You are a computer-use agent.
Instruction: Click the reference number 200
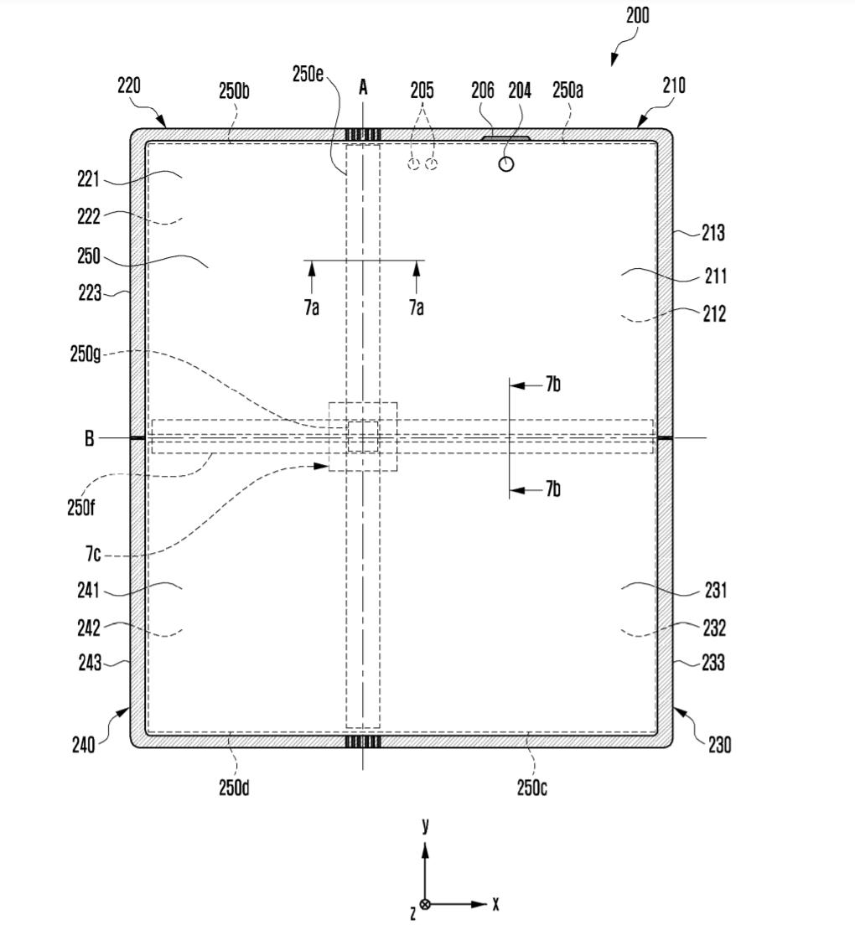point(637,15)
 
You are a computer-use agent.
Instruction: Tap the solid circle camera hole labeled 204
point(506,163)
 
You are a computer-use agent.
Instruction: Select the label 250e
point(308,74)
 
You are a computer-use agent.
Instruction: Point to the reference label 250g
point(85,354)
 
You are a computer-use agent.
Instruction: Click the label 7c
point(93,554)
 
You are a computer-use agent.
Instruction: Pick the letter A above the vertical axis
point(363,86)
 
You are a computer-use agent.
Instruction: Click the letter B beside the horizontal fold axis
point(89,438)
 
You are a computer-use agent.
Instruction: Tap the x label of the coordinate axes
point(496,904)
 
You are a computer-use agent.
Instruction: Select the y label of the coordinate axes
point(426,825)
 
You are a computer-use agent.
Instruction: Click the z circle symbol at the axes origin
point(425,905)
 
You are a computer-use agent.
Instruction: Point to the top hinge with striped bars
point(363,135)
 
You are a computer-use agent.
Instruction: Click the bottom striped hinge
point(363,741)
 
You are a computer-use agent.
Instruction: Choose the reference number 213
point(713,233)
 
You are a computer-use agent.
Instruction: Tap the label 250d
point(234,788)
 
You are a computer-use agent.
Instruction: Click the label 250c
point(532,788)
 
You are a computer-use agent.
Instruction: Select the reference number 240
point(83,744)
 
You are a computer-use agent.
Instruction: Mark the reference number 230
point(719,744)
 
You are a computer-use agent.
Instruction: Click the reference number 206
point(483,90)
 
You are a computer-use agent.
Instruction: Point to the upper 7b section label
point(552,385)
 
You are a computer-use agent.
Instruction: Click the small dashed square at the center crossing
point(363,437)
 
